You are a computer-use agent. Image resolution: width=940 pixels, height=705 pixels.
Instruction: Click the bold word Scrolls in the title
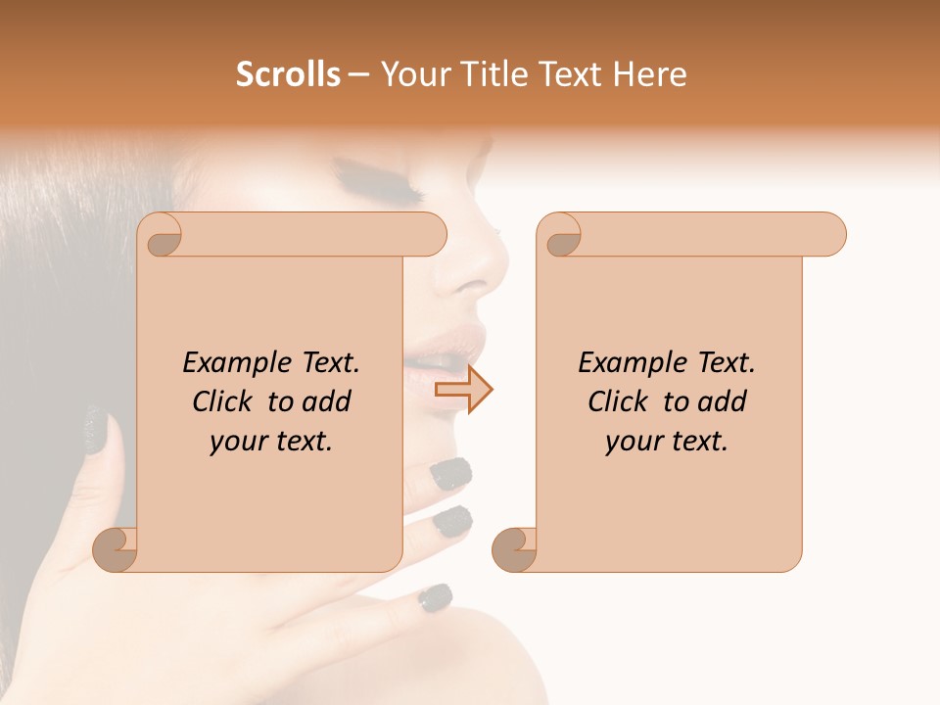pyautogui.click(x=288, y=74)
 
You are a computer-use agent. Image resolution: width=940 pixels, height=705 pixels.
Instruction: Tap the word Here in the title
pyautogui.click(x=649, y=74)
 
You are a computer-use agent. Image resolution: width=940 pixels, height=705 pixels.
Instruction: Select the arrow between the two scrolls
pyautogui.click(x=464, y=390)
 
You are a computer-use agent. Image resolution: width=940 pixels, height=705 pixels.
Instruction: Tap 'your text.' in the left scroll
pyautogui.click(x=271, y=442)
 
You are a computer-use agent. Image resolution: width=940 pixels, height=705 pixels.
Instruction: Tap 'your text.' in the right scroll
pyautogui.click(x=667, y=442)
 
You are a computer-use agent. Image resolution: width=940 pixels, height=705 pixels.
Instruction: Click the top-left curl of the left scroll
pyautogui.click(x=162, y=238)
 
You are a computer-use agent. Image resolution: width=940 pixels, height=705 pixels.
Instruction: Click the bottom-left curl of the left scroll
pyautogui.click(x=117, y=549)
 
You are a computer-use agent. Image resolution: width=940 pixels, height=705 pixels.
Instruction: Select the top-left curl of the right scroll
pyautogui.click(x=561, y=238)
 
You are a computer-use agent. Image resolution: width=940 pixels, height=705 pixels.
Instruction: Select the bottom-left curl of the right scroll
pyautogui.click(x=515, y=549)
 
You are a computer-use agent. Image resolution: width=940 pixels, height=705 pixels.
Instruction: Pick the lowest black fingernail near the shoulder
pyautogui.click(x=436, y=595)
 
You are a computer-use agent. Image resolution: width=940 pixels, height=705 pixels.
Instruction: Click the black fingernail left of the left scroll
pyautogui.click(x=96, y=430)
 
